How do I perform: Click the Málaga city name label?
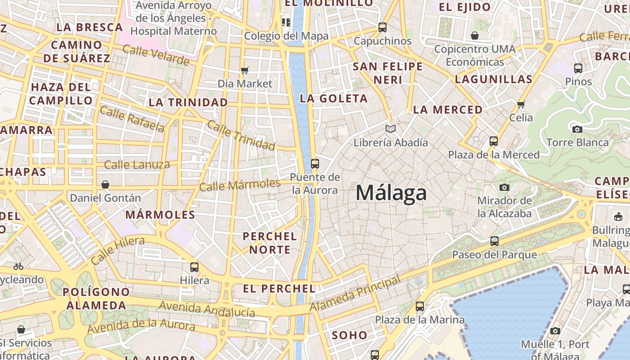pyautogui.click(x=391, y=193)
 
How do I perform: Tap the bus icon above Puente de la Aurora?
pyautogui.click(x=315, y=163)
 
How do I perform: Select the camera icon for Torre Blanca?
pyautogui.click(x=577, y=129)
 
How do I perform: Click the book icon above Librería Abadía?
pyautogui.click(x=391, y=129)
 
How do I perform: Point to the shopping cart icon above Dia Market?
pyautogui.click(x=245, y=70)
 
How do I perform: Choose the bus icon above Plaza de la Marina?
pyautogui.click(x=420, y=306)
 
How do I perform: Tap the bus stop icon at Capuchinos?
pyautogui.click(x=382, y=27)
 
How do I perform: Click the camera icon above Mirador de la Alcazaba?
pyautogui.click(x=504, y=187)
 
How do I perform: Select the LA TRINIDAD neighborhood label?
pyautogui.click(x=188, y=103)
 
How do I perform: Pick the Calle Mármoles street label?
pyautogui.click(x=240, y=184)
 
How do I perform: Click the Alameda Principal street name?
pyautogui.click(x=355, y=293)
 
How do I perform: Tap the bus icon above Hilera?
pyautogui.click(x=194, y=267)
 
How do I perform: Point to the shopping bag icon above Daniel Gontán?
pyautogui.click(x=105, y=184)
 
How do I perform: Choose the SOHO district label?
pyautogui.click(x=350, y=335)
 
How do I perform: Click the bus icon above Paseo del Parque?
pyautogui.click(x=495, y=241)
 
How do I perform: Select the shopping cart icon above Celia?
pyautogui.click(x=521, y=104)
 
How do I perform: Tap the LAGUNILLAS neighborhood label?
pyautogui.click(x=494, y=80)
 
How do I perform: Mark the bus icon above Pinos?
pyautogui.click(x=578, y=68)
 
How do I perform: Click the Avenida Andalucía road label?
pyautogui.click(x=207, y=309)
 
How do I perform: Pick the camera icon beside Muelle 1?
pyautogui.click(x=555, y=331)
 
